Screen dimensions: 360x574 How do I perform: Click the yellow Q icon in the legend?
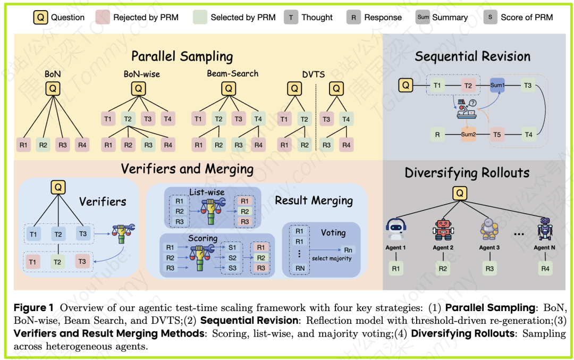(40, 17)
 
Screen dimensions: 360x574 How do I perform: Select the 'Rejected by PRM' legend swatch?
(103, 17)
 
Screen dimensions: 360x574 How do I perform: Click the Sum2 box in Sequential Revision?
(468, 135)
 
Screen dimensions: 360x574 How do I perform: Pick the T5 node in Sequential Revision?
(497, 135)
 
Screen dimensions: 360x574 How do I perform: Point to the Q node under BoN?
(52, 88)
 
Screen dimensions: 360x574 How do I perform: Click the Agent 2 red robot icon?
(443, 228)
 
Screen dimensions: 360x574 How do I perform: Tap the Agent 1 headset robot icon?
(396, 228)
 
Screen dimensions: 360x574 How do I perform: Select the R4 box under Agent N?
(545, 269)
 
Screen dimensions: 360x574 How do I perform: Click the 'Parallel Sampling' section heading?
(182, 56)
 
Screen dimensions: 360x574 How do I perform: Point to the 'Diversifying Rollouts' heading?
(467, 173)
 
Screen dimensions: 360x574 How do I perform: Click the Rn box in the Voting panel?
(348, 249)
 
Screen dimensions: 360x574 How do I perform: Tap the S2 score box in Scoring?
(232, 257)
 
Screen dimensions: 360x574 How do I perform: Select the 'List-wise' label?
(207, 191)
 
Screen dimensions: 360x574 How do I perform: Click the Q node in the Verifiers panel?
(58, 187)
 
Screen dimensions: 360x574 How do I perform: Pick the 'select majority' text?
(332, 258)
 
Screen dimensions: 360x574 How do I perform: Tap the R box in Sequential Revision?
(437, 135)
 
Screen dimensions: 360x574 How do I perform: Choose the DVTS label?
(314, 74)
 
